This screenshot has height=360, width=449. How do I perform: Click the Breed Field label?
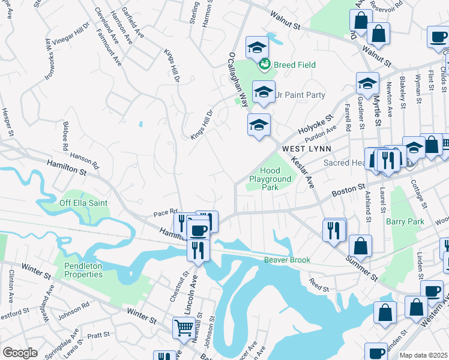pos(295,65)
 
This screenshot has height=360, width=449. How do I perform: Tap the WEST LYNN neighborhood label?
pos(307,148)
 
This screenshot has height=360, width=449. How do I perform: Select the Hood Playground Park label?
pos(270,179)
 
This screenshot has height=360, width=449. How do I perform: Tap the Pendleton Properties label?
pos(79,269)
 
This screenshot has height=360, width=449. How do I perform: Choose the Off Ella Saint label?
pos(83,203)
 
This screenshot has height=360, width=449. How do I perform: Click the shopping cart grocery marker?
pos(184,328)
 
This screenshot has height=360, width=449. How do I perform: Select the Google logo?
pos(20,353)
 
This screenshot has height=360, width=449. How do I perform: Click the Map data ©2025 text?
pos(423,355)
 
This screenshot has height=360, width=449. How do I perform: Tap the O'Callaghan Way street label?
pos(238,78)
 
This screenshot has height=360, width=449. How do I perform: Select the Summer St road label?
pos(360,267)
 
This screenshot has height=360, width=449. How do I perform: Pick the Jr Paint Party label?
pos(300,95)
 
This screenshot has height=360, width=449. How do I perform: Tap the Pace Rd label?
pos(165,212)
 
